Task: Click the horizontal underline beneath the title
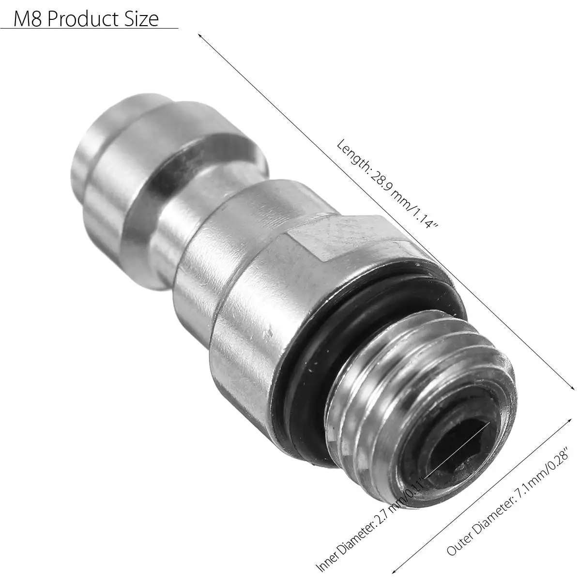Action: (x=89, y=30)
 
